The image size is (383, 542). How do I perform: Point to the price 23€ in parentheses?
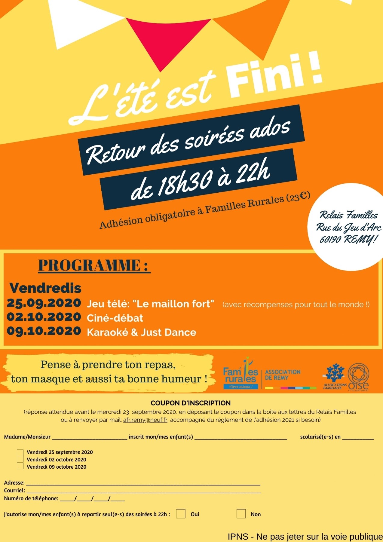[298, 197]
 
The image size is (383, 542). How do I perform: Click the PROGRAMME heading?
[94, 265]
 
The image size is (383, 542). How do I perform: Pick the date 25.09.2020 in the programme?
[44, 303]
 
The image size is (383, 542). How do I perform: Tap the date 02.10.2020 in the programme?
[44, 317]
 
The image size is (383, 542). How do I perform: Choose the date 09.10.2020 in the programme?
[44, 331]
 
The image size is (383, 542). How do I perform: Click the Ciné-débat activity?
[115, 318]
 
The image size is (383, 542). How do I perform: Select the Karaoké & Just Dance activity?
[141, 332]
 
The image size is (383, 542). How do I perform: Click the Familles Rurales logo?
[241, 375]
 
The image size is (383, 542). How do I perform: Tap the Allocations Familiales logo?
[335, 376]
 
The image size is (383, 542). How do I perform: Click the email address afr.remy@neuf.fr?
[145, 420]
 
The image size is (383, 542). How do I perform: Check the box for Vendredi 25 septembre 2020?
[20, 452]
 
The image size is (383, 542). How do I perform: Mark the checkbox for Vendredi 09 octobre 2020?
[20, 466]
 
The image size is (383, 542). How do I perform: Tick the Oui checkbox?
[181, 514]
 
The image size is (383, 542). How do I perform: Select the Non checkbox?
[241, 514]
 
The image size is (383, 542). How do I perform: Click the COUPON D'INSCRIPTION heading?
[191, 403]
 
